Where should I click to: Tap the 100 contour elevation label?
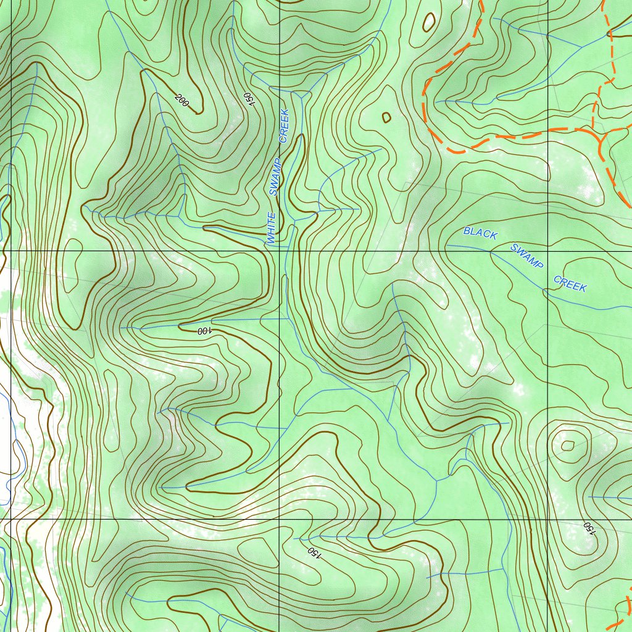[204, 331]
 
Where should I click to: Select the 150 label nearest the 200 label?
[248, 98]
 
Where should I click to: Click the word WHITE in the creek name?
[271, 228]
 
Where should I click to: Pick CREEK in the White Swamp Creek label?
[284, 126]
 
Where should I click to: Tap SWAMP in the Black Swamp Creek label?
[526, 256]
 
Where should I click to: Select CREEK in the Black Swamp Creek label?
[570, 283]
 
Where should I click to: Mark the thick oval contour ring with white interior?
[428, 22]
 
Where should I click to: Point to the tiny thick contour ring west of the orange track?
[386, 117]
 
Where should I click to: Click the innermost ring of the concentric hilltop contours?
[567, 445]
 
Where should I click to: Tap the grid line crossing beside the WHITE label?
[280, 252]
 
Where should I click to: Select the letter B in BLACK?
[467, 231]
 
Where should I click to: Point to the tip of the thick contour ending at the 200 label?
[199, 113]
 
